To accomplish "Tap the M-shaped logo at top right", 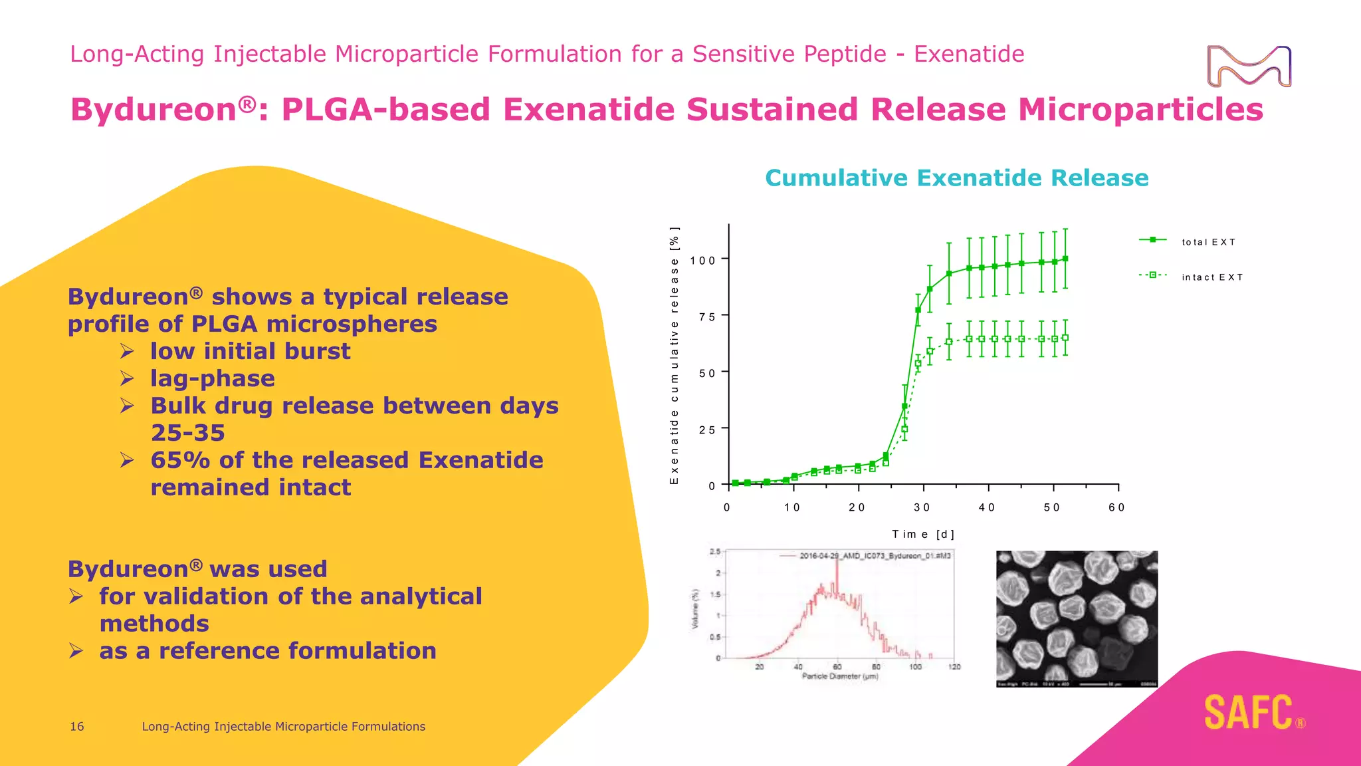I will pos(1249,66).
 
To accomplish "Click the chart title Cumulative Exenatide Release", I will pos(956,178).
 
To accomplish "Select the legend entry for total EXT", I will pos(1208,242).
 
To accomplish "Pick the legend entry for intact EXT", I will pos(1211,277).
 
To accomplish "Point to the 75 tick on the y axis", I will pos(707,317).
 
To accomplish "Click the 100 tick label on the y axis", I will pos(702,260).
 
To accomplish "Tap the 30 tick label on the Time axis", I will pos(922,507).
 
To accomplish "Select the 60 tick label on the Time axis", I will pos(1116,507).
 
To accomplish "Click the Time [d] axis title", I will pos(923,534).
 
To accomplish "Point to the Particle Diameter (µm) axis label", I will pos(840,676).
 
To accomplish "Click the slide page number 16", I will pos(77,727).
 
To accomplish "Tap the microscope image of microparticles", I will pos(1077,618).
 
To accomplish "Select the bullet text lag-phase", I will pos(212,378).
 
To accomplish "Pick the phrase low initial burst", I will pos(250,351).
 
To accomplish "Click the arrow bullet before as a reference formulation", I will pos(76,650).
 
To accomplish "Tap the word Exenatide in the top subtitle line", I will pos(969,54).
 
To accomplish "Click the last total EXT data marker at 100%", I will pos(1065,259).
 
